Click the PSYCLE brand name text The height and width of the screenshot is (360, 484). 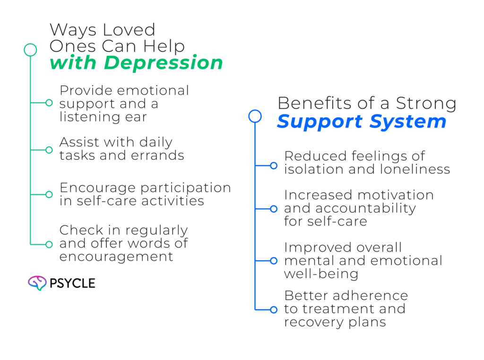click(72, 283)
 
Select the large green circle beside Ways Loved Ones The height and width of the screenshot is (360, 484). click(30, 50)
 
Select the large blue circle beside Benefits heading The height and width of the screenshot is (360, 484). click(255, 116)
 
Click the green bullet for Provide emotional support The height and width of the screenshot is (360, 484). click(49, 103)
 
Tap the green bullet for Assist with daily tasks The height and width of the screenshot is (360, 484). click(49, 150)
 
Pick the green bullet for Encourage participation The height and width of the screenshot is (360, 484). click(49, 194)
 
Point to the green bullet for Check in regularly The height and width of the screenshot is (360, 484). click(49, 244)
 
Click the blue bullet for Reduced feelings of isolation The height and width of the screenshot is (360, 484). click(273, 165)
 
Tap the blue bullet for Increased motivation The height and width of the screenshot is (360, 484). click(273, 208)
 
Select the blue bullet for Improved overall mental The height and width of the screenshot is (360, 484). click(273, 260)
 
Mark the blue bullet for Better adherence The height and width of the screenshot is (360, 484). click(273, 310)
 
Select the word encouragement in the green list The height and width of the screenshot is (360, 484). click(116, 257)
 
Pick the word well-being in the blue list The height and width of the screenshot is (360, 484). click(321, 274)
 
